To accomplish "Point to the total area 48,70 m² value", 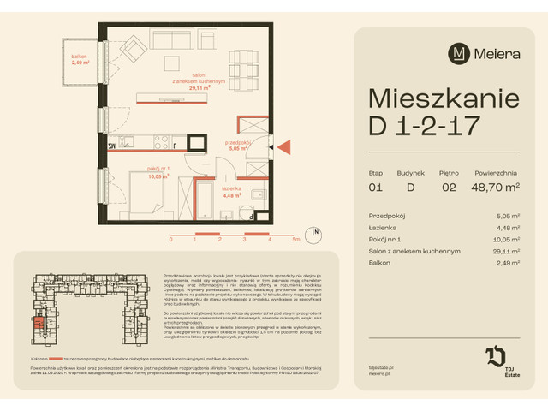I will click(x=490, y=187).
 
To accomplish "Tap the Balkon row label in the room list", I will click(x=378, y=263).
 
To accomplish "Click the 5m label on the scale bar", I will click(x=295, y=240).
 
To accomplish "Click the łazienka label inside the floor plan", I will click(x=232, y=192).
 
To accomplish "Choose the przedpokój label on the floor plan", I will click(x=236, y=145).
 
